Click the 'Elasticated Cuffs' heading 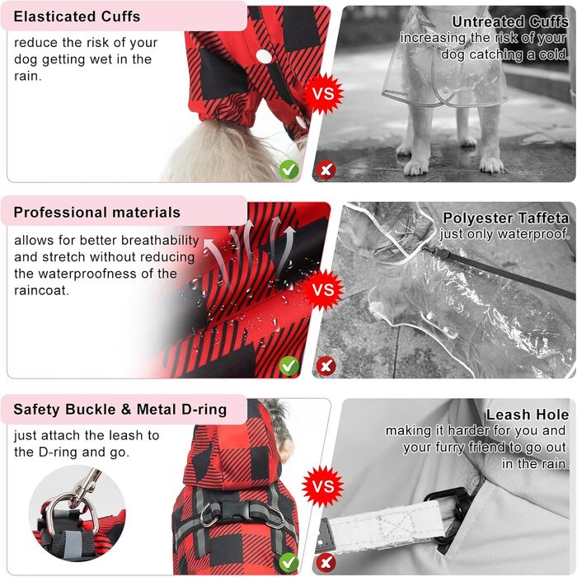77,16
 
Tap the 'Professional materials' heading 97,213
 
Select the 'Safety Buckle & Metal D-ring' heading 120,409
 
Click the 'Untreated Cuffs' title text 510,21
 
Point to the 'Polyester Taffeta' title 505,218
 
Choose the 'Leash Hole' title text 528,415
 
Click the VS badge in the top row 323,93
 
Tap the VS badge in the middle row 323,289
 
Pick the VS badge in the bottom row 323,486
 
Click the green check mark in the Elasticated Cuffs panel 288,170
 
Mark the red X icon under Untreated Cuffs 326,170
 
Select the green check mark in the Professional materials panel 288,366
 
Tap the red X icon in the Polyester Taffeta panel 326,366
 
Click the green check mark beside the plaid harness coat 288,562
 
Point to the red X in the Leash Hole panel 326,562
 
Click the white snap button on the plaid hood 264,56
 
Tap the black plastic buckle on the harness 242,509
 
